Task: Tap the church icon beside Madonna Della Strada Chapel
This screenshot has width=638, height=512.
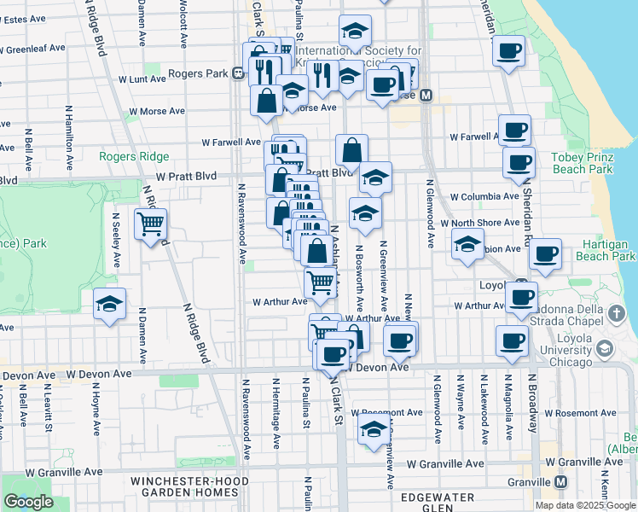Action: [618, 314]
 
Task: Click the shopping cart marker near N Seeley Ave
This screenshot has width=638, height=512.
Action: [151, 224]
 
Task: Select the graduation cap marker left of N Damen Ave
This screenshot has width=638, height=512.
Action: [110, 304]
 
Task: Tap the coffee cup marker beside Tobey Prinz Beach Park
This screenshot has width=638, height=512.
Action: [518, 161]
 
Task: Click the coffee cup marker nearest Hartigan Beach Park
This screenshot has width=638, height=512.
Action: [545, 253]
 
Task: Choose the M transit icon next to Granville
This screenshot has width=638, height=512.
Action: [560, 481]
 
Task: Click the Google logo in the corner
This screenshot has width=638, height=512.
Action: [28, 502]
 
